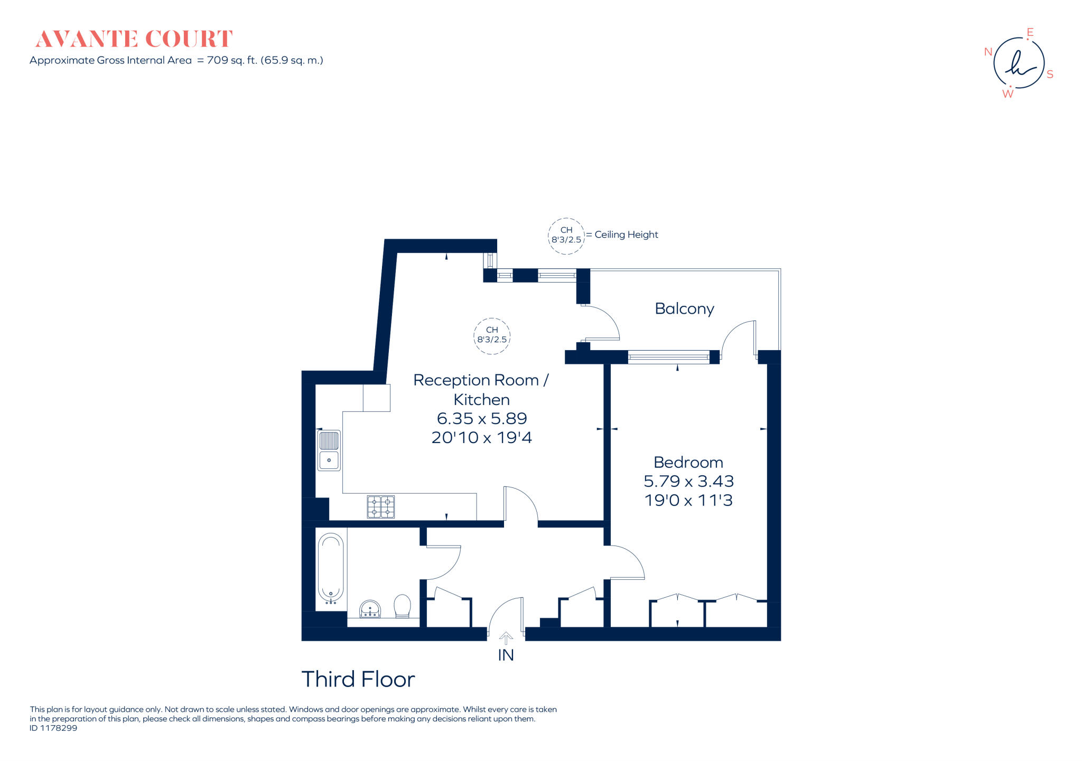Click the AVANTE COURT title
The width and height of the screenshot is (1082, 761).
coord(134,39)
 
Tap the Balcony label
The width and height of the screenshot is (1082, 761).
coord(684,308)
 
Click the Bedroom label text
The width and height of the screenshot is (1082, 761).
coord(688,462)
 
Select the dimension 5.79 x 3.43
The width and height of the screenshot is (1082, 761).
coord(688,481)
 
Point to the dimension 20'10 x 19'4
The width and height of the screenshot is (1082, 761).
coord(481,437)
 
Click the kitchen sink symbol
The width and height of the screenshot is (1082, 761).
coord(329,450)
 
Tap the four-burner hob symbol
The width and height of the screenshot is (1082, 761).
coord(380,507)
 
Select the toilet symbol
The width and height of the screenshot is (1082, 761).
coord(402,606)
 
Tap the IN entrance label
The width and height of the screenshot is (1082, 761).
coord(506,655)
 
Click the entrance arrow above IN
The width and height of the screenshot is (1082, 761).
coord(506,638)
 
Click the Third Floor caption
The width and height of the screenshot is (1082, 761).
coord(358,679)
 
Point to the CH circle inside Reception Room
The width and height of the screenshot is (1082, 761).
coord(492,335)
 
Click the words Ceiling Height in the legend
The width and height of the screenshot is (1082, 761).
coord(626,234)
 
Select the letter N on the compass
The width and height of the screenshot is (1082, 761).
coord(988,52)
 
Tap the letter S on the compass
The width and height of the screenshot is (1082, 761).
coord(1050,74)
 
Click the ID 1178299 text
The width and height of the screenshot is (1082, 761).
coord(53,728)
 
